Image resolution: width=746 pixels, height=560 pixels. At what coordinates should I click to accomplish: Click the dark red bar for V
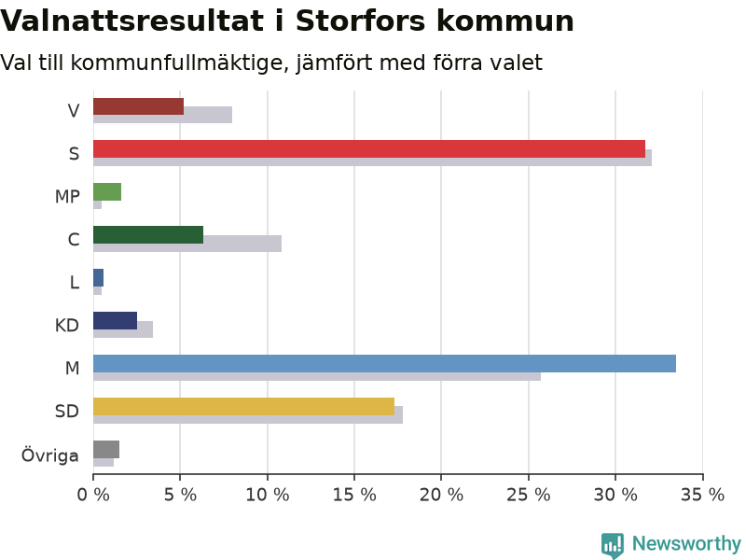[138, 106]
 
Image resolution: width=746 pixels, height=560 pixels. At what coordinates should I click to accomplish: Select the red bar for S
[369, 149]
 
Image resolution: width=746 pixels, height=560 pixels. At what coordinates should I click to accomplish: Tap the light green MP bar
[107, 192]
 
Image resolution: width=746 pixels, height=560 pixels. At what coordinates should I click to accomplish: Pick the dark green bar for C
[148, 235]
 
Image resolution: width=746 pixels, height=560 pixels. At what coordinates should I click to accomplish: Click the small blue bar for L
[99, 277]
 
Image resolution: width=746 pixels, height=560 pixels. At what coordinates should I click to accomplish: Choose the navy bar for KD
[115, 320]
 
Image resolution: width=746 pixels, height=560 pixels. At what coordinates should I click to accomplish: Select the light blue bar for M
[384, 363]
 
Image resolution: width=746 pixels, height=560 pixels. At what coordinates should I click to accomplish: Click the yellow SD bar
[243, 406]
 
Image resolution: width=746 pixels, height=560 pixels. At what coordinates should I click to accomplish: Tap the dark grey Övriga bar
[106, 450]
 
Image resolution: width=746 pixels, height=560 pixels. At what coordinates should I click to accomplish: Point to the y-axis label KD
[66, 325]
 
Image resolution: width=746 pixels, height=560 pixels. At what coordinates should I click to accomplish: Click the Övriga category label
[50, 455]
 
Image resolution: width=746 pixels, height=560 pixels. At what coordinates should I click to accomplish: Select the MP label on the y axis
[67, 196]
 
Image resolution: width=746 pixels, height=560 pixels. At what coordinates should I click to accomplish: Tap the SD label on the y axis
[66, 411]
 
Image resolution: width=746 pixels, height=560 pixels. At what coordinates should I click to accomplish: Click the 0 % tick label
[93, 495]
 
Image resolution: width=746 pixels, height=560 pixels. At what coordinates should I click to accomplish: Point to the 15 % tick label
[354, 495]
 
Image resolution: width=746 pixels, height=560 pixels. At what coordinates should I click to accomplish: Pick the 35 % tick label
[703, 495]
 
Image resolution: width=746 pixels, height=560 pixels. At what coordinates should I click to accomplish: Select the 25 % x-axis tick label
[529, 495]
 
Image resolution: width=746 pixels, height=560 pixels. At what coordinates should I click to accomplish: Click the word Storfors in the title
[360, 21]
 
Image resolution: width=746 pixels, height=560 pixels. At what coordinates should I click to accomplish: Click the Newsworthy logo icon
[613, 545]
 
